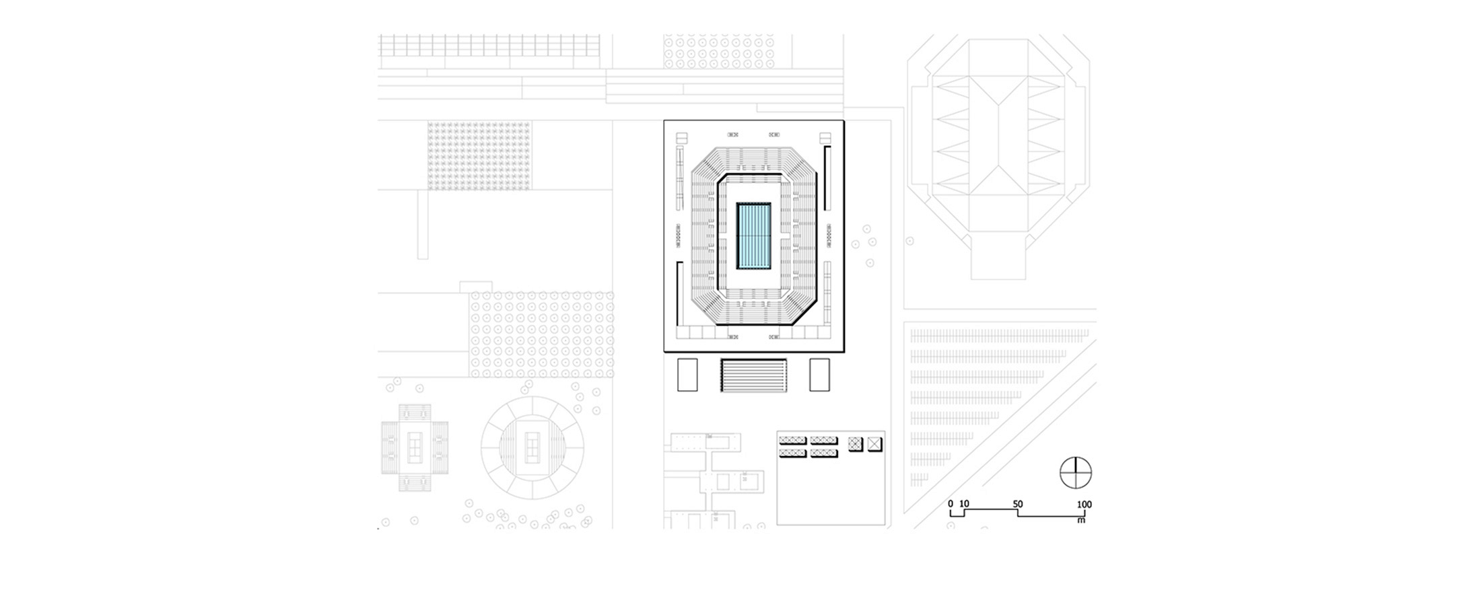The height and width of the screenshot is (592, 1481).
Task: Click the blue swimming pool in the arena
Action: (753, 236)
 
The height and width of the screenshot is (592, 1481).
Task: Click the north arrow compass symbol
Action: (1075, 472)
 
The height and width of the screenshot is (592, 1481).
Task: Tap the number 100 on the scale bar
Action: (1084, 505)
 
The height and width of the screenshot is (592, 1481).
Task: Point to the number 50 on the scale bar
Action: (1018, 505)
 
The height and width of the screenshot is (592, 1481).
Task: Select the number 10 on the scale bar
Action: (964, 504)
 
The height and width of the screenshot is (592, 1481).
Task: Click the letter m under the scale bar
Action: (1081, 520)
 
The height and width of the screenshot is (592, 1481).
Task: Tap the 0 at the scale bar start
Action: (951, 504)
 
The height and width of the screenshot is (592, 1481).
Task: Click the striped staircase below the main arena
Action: (753, 375)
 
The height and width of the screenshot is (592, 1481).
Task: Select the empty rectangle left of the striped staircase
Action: (687, 375)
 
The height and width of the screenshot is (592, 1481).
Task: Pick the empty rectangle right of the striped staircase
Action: (819, 375)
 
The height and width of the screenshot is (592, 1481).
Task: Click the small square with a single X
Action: (874, 444)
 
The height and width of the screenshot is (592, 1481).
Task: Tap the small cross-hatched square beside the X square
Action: (856, 444)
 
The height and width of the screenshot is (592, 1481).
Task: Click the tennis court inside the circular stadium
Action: (532, 445)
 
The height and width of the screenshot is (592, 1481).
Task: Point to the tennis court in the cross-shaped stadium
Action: (415, 446)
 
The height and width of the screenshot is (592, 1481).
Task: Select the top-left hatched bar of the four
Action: (792, 441)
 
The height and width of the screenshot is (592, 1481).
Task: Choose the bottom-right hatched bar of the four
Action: (824, 453)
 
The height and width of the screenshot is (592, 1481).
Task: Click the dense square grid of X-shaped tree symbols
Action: (479, 155)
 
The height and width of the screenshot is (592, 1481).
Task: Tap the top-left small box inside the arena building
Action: (683, 139)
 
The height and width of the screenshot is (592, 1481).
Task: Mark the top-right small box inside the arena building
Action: (825, 139)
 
